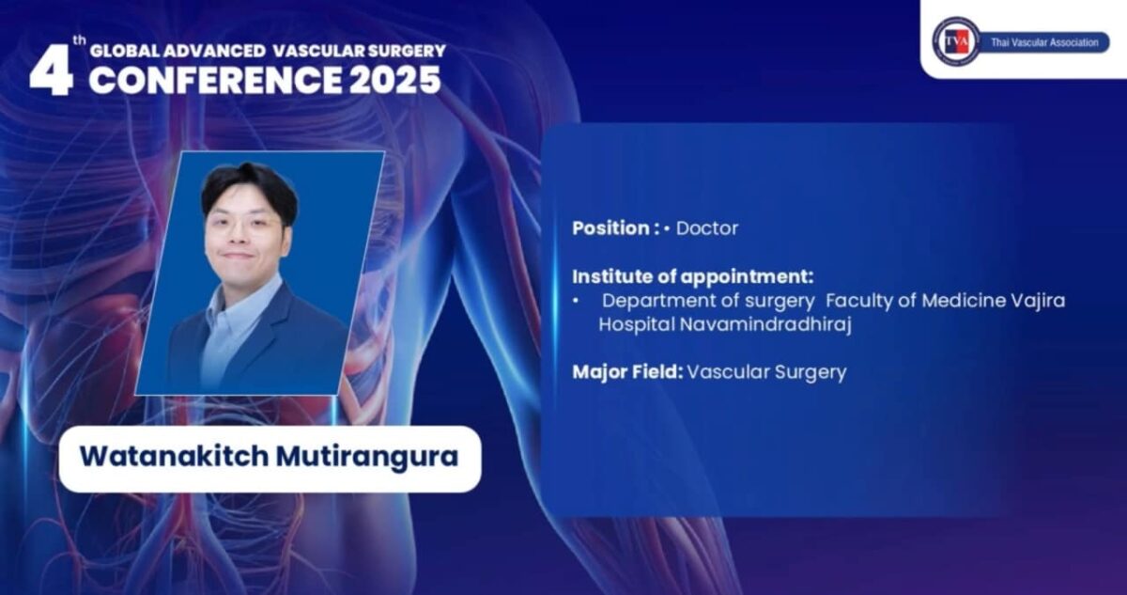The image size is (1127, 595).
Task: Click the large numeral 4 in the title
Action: tap(51, 70)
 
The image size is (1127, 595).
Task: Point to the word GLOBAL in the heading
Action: tap(125, 51)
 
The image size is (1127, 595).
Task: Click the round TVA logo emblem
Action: tap(956, 41)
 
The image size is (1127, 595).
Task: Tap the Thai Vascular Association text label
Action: tap(1044, 43)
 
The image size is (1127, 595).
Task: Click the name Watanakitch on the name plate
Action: tap(175, 457)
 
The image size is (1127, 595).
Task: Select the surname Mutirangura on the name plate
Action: tap(367, 457)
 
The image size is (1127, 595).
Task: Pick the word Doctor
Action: tap(707, 228)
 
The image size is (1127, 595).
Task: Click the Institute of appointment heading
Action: tap(693, 276)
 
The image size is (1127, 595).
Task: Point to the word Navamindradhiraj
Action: tap(765, 325)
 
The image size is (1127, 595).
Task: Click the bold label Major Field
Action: tap(627, 372)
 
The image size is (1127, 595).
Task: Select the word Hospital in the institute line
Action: tap(637, 325)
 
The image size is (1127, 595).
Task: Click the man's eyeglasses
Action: tap(244, 225)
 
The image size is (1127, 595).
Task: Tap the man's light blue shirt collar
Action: tap(241, 297)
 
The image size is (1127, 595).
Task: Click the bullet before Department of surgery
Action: tap(576, 301)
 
